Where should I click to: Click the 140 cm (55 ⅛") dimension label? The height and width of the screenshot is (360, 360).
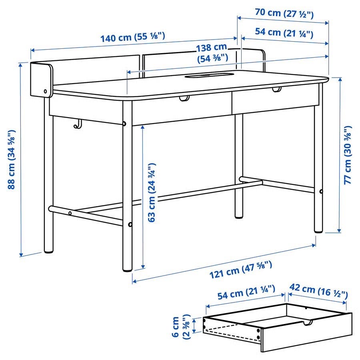tap(133, 37)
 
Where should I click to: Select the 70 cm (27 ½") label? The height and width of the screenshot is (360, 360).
tap(284, 13)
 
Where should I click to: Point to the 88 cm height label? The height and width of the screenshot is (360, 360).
tap(12, 159)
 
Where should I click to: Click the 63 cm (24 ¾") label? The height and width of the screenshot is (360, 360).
tap(152, 193)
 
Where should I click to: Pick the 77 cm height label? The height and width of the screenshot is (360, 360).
tap(348, 155)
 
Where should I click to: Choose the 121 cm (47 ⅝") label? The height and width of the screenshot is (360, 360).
tap(241, 270)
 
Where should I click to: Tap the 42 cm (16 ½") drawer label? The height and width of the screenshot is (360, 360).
tap(318, 291)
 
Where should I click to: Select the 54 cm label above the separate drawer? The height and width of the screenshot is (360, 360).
tap(246, 292)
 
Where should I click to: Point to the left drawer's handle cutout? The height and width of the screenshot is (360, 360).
tap(184, 98)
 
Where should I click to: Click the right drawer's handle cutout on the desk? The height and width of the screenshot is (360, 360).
tap(277, 89)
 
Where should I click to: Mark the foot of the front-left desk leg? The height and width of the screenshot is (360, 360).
tap(128, 269)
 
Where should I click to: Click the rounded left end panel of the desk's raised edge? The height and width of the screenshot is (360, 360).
tap(42, 80)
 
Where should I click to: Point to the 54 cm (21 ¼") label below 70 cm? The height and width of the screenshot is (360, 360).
tap(284, 33)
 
